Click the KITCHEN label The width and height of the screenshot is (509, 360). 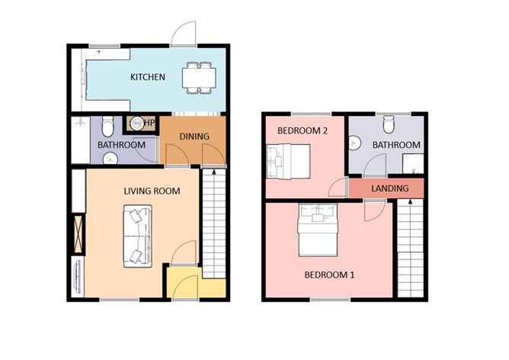149,77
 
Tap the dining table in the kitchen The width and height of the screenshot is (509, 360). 198,79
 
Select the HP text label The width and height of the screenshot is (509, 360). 149,123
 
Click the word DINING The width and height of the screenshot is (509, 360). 194,137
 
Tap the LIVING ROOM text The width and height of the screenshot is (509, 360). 152,191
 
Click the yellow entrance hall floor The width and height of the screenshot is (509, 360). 183,284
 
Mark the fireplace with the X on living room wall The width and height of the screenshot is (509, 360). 78,233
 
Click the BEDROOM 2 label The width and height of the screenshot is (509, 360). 302,130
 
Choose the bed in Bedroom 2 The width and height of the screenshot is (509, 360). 287,161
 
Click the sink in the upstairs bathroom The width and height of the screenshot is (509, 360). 354,143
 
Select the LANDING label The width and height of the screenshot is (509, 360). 389,188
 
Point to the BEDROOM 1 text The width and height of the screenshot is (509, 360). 329,275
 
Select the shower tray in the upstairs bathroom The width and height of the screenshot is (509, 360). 413,163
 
